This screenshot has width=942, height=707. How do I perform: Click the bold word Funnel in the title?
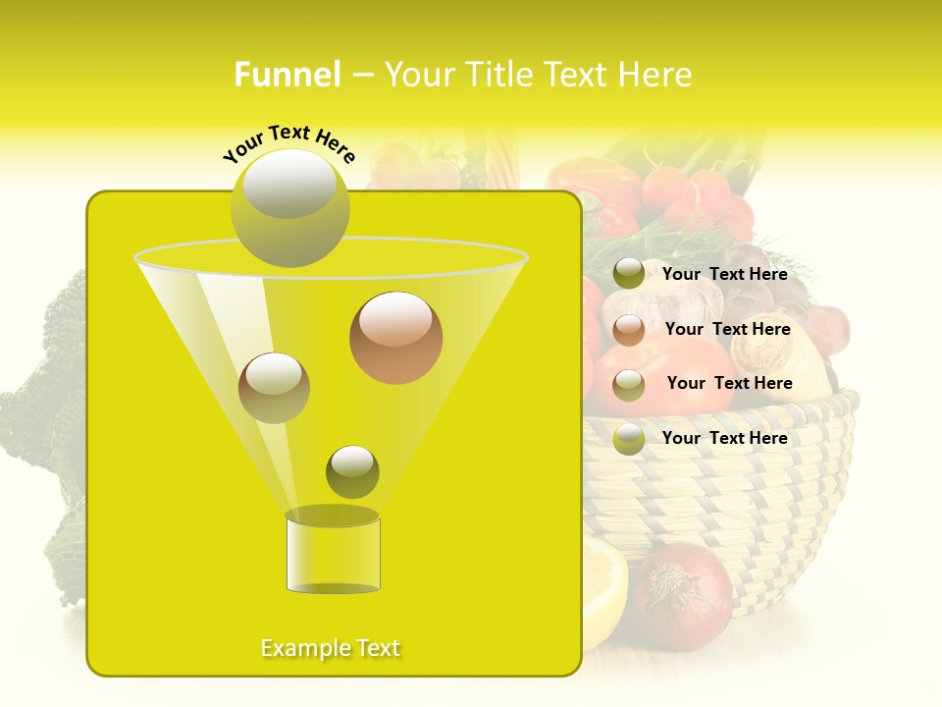pos(287,75)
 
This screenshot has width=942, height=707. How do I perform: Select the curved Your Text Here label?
pos(288,143)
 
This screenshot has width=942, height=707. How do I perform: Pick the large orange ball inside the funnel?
pos(395,338)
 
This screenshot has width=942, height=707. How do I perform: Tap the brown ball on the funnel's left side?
pos(274,388)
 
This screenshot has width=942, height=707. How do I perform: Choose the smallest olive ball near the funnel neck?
pos(352,471)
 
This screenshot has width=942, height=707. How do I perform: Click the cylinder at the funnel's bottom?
pos(333,555)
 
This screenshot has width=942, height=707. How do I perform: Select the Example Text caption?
pos(331,648)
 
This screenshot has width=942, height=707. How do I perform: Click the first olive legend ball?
pos(629,274)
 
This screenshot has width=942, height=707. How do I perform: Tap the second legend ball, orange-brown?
pos(629,330)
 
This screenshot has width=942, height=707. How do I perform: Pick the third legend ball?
pos(629,385)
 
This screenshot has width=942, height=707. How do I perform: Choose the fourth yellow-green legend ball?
pos(629,439)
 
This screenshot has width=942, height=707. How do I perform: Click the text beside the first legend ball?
pos(724,275)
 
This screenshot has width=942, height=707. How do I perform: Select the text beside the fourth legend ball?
pos(724,438)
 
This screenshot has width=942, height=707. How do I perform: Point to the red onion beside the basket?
pos(683,593)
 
